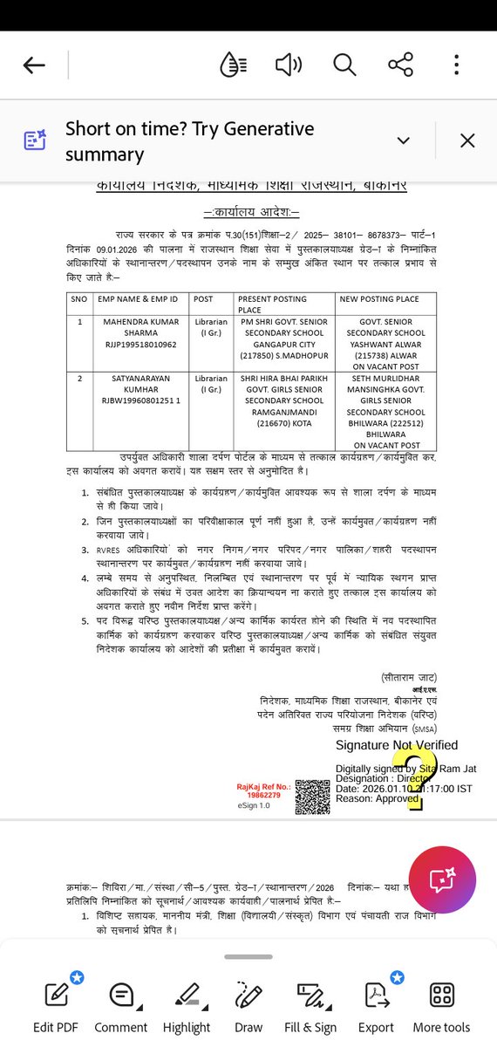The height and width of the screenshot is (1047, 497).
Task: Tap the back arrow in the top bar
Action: pos(34,65)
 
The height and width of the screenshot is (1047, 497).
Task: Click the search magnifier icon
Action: pos(344,65)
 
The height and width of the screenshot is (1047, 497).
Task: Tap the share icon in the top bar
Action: pos(400,65)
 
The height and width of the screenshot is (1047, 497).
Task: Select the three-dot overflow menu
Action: pos(456,65)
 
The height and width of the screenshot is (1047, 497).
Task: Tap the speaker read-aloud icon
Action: pos(288,65)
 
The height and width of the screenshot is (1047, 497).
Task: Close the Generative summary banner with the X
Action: pos(467,140)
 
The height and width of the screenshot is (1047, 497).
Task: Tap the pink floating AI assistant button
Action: pos(440,879)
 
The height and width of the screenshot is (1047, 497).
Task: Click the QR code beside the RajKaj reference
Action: pos(312,797)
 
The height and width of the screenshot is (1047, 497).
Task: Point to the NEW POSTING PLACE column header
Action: pos(379,299)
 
